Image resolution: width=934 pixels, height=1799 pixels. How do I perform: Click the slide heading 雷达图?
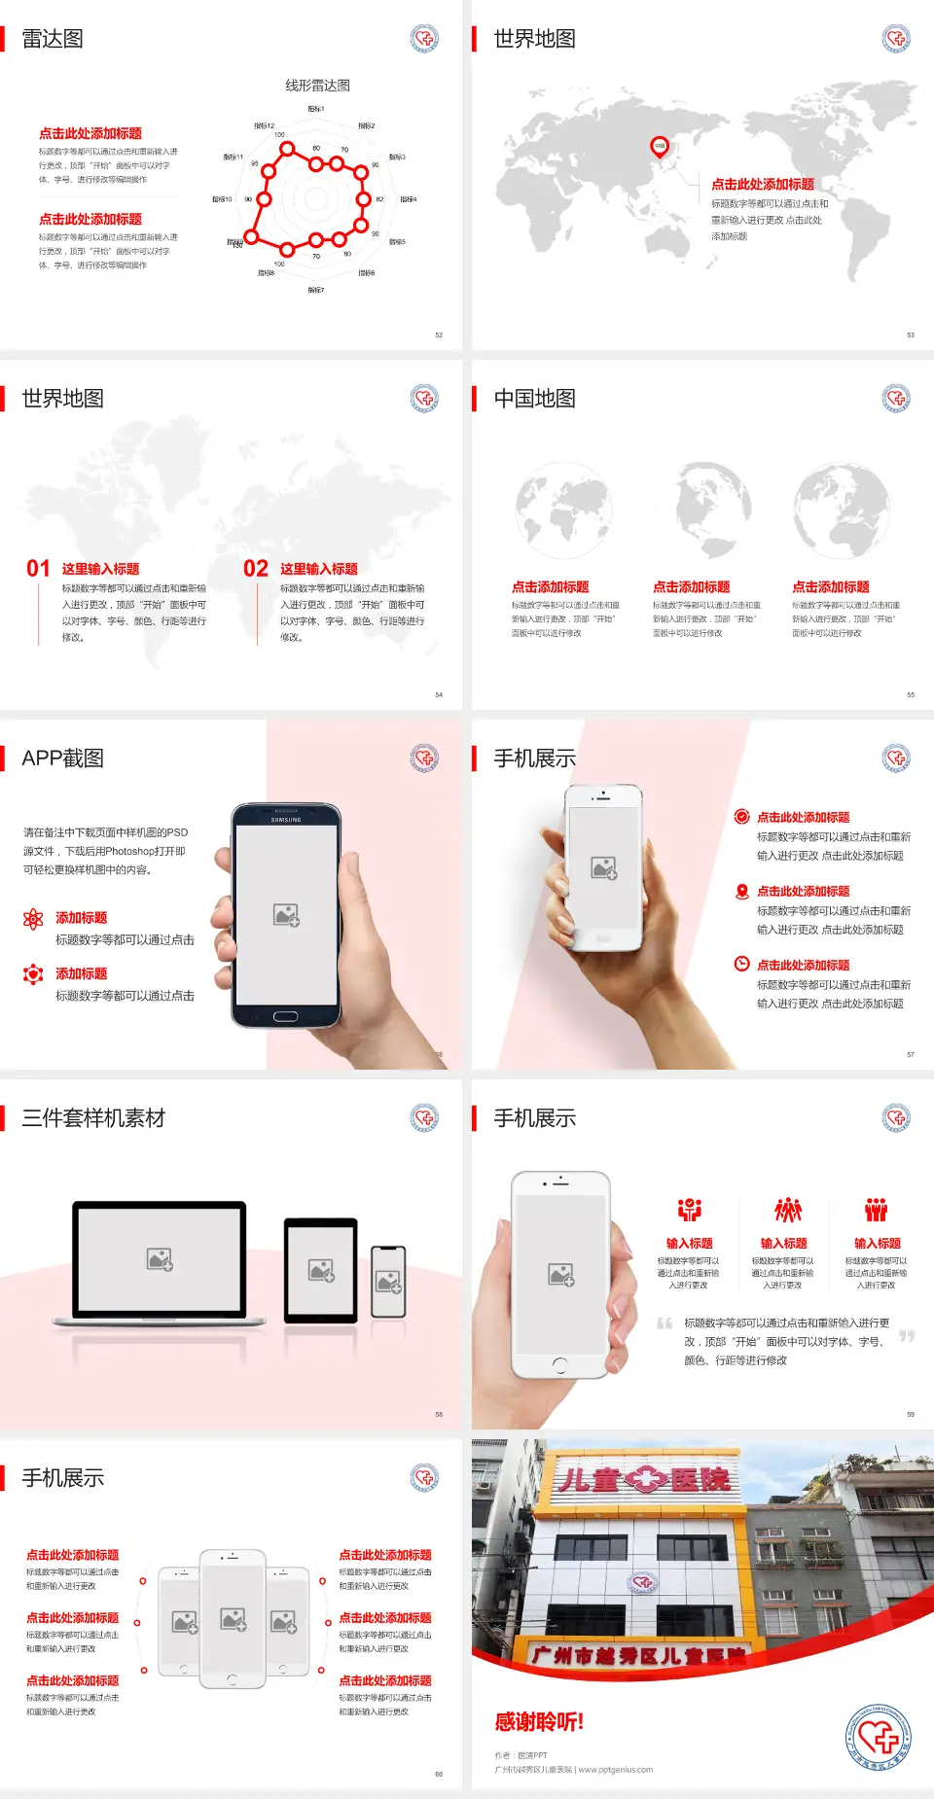(53, 39)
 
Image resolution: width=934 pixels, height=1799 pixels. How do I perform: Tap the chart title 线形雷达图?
(317, 86)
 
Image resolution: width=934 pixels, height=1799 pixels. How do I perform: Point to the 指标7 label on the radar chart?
(316, 290)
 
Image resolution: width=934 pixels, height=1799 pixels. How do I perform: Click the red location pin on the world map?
(660, 147)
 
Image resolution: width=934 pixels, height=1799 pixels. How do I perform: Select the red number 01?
(38, 569)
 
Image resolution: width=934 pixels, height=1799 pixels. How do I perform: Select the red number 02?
(256, 569)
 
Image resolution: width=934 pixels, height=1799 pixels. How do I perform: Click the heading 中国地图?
(534, 399)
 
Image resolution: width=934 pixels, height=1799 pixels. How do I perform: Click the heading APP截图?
(62, 758)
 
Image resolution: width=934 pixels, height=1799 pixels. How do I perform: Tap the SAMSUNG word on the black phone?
(286, 820)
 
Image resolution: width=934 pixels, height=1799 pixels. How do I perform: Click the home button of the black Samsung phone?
(285, 1016)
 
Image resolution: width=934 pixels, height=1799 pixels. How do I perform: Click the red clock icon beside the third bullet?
(741, 964)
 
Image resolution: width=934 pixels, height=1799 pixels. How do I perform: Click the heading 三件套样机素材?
(93, 1118)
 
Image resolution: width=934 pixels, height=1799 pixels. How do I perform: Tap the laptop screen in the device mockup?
(160, 1259)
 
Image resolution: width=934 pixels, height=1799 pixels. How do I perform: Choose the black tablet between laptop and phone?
(321, 1269)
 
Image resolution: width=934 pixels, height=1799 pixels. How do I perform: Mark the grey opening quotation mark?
(665, 1323)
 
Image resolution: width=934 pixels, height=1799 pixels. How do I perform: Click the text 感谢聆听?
(539, 1722)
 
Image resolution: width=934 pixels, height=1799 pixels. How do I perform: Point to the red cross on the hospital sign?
(644, 1480)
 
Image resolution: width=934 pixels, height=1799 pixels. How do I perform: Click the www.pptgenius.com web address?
(616, 1770)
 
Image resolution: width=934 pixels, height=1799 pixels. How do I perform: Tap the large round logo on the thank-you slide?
(878, 1738)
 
